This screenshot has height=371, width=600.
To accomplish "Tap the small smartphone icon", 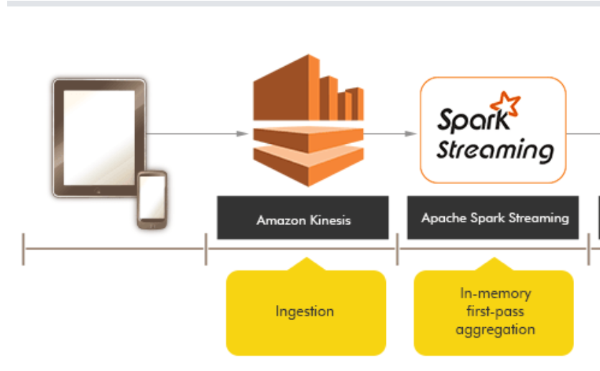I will [152, 200].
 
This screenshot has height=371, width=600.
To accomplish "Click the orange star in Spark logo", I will [509, 106].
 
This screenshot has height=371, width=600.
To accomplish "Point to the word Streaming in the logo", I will [495, 151].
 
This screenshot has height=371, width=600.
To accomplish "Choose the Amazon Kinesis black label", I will [303, 218].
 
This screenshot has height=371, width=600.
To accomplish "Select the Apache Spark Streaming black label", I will [493, 218].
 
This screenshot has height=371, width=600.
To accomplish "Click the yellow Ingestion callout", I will [305, 312].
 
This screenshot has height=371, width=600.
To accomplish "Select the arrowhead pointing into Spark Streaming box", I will [411, 134].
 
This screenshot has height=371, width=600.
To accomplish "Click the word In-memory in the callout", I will [494, 293].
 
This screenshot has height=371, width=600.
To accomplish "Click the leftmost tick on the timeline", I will [23, 249].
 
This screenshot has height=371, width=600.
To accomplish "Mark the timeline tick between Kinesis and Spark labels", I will [397, 249].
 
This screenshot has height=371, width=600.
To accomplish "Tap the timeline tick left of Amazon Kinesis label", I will [206, 249].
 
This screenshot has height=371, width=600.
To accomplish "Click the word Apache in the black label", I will [439, 218].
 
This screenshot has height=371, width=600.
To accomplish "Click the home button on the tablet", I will [98, 191].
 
